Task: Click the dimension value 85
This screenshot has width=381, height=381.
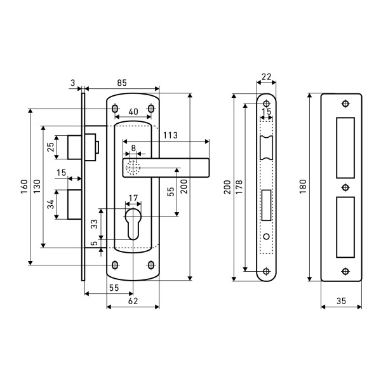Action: [122, 81]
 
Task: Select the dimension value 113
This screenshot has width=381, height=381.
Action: [170, 135]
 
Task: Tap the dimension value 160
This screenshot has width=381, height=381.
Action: [24, 187]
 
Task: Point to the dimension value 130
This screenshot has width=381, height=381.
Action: [37, 187]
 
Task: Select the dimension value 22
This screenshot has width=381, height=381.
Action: [267, 77]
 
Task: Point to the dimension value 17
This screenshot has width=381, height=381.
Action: [132, 198]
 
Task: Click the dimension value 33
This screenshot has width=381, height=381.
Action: [94, 224]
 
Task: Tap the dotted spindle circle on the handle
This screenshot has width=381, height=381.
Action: [132, 168]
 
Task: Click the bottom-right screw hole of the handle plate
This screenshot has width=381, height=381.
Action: [151, 264]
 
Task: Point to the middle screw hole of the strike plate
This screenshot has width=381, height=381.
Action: [345, 187]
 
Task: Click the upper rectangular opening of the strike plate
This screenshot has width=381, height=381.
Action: [345, 147]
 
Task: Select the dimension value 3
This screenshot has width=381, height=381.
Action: [73, 83]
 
